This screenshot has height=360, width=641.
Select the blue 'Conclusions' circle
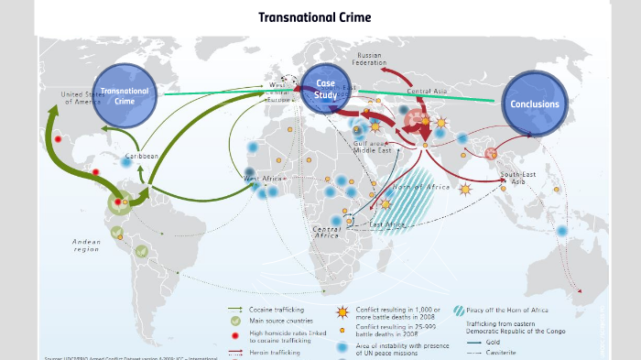(535, 104)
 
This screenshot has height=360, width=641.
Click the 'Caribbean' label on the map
(142, 157)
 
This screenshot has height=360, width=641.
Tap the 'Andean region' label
(86, 245)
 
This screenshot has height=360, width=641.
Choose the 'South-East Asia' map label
(517, 178)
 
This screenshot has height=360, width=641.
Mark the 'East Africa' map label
(388, 224)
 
